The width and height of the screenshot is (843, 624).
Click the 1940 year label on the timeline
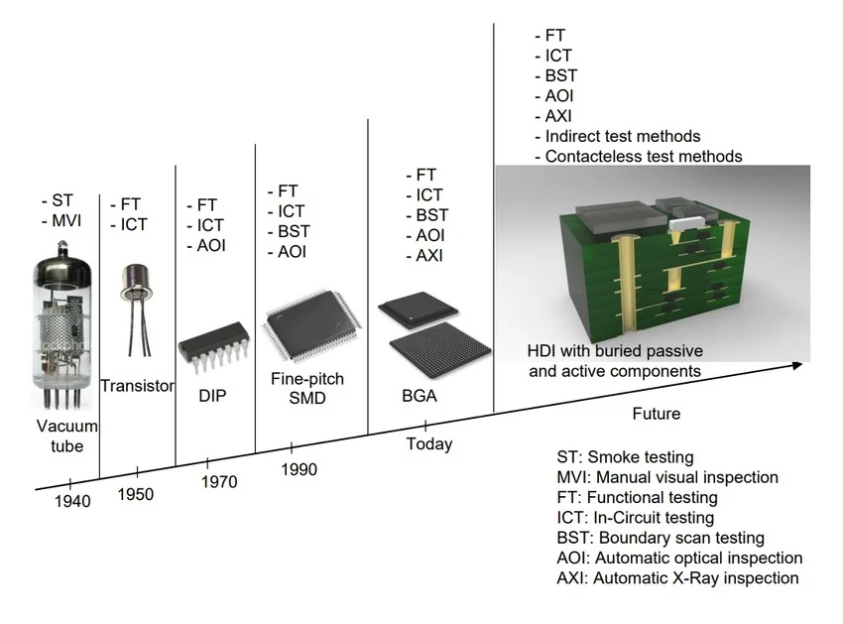[72, 501]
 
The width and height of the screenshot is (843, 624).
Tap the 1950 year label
[136, 493]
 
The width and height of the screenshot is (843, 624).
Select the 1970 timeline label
[219, 482]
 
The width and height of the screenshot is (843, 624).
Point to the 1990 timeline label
[299, 468]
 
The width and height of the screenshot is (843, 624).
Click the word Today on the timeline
[429, 443]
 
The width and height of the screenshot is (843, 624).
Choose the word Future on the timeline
[657, 413]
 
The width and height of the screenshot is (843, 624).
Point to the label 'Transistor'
[138, 386]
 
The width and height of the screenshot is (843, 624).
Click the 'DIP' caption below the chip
[212, 396]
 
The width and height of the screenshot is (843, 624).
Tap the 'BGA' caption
[419, 397]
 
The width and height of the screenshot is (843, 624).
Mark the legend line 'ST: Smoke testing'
[625, 457]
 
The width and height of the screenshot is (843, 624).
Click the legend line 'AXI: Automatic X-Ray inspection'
[677, 577]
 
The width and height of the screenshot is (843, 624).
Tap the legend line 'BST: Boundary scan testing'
[661, 538]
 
